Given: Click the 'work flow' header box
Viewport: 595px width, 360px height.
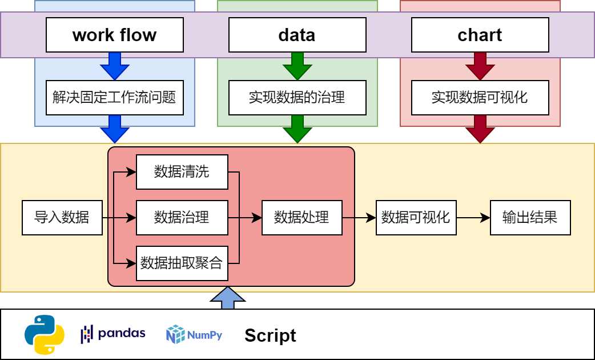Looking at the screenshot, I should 114,35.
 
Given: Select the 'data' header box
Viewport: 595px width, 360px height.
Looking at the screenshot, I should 297,35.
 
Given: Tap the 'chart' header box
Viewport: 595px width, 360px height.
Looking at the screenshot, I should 480,35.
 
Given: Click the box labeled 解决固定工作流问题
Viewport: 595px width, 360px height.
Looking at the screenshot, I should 114,97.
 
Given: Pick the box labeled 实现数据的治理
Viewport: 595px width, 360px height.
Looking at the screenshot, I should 297,97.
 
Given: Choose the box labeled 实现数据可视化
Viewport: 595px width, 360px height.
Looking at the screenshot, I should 480,97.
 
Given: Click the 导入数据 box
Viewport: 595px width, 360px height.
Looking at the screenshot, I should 62,218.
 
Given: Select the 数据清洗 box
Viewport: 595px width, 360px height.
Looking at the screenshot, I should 182,172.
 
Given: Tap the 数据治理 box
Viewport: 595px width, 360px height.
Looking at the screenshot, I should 182,218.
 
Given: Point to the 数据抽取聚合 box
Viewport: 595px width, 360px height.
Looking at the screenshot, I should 182,263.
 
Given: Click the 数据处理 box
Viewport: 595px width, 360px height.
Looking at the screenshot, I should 301,218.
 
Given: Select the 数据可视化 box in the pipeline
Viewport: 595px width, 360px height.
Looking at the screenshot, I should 416,218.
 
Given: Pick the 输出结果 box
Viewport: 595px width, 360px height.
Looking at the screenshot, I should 530,218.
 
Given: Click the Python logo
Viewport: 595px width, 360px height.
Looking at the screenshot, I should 44,335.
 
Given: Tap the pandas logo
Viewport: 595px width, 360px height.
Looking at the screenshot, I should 113,334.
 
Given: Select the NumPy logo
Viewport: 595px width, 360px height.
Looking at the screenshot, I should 194,334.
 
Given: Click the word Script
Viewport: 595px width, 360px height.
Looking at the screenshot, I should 270,335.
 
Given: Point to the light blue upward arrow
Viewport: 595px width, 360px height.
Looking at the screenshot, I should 227,298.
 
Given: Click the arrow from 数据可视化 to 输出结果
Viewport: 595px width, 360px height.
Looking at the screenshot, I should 473,218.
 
